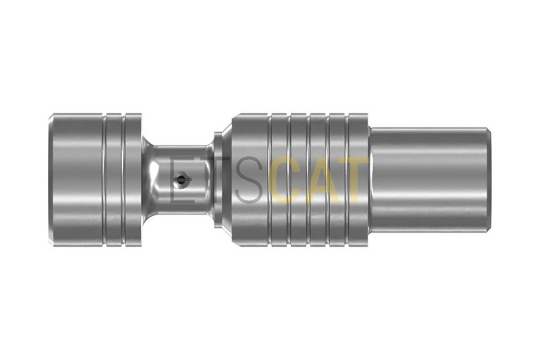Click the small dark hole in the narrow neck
pos(181,178)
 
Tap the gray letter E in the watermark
pos(181,179)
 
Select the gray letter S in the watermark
pos(250,179)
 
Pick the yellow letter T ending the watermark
pos(354,179)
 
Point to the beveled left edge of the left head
pos(51,179)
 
